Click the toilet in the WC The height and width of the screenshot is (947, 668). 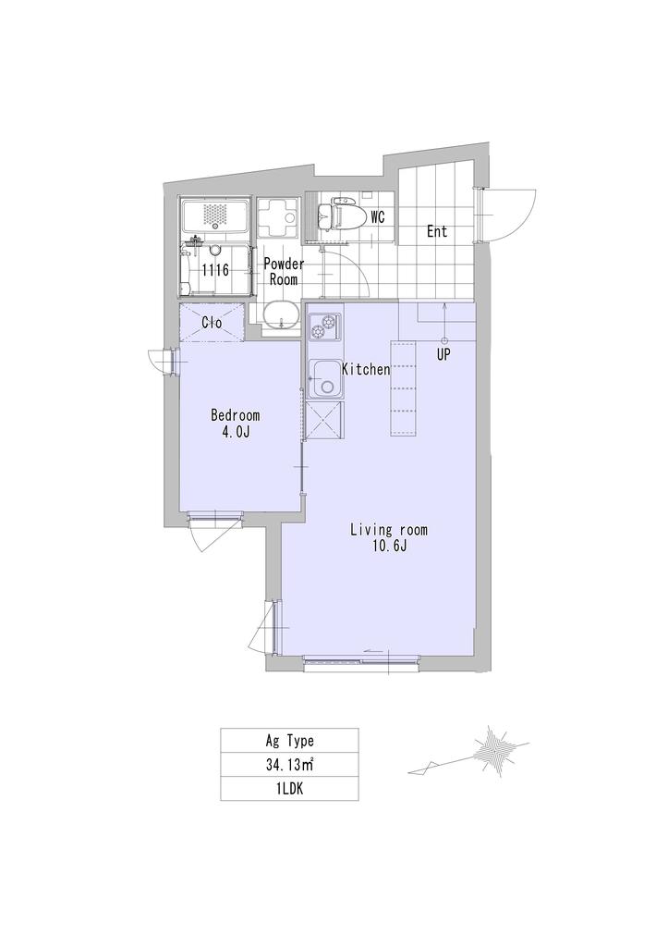click(340, 216)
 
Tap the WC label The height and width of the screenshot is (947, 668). click(378, 217)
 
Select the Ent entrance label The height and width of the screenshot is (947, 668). click(437, 230)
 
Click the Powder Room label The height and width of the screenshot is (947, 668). click(284, 272)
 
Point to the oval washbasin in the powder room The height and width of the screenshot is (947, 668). click(281, 315)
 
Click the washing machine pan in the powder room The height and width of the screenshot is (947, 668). click(279, 216)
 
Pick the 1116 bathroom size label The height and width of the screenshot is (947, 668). click(215, 270)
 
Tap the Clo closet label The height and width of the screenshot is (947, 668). click(212, 323)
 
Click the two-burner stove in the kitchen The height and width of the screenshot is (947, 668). click(325, 327)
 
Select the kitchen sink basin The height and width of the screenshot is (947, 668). click(325, 379)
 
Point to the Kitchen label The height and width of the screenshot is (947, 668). click(366, 369)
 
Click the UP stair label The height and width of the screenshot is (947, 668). click(443, 355)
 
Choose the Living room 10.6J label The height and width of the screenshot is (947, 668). click(389, 537)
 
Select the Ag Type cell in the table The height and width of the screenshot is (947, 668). click(289, 740)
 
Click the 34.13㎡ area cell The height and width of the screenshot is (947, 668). click(289, 764)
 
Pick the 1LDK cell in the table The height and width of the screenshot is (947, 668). click(289, 788)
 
